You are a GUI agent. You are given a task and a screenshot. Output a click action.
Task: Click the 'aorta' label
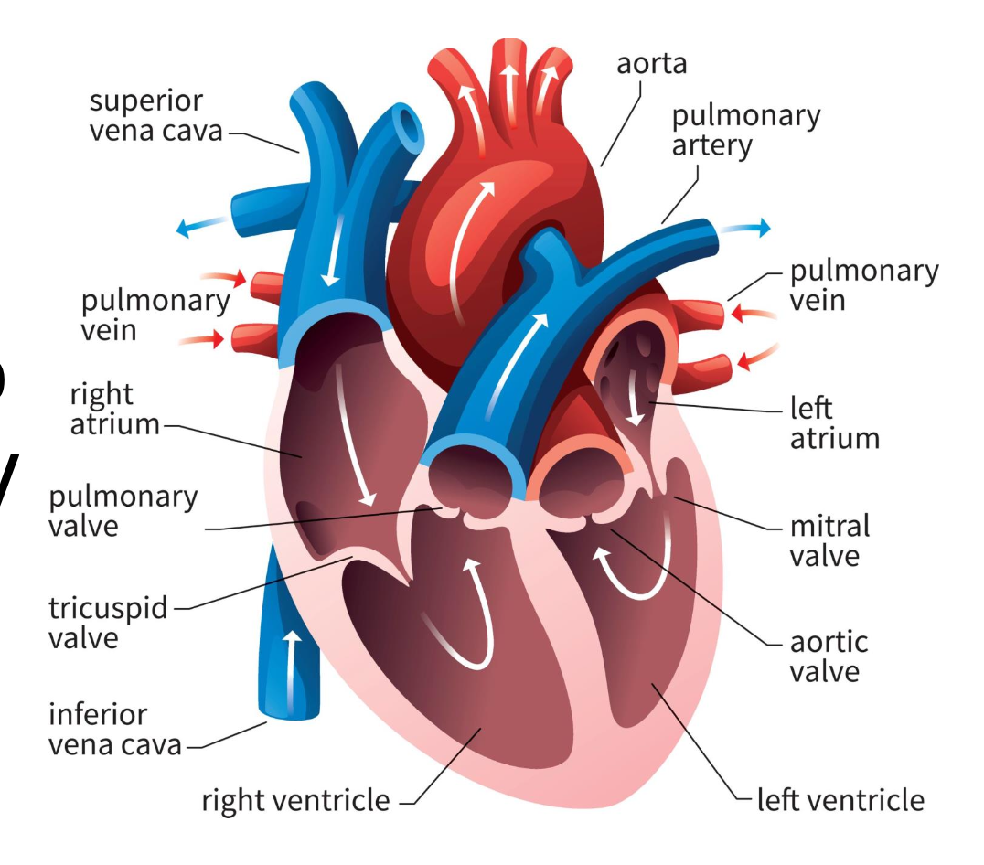651,64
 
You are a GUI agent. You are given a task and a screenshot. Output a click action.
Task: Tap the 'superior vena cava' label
156,115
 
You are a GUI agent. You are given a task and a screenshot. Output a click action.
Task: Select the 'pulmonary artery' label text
745,131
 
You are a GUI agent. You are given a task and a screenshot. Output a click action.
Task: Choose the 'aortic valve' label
829,657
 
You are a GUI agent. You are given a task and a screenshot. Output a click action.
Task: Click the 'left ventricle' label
840,800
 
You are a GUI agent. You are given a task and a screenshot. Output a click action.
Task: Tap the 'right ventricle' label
295,801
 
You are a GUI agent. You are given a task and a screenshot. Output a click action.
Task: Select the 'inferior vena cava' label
115,729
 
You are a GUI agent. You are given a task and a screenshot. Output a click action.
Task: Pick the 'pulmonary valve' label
123,511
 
